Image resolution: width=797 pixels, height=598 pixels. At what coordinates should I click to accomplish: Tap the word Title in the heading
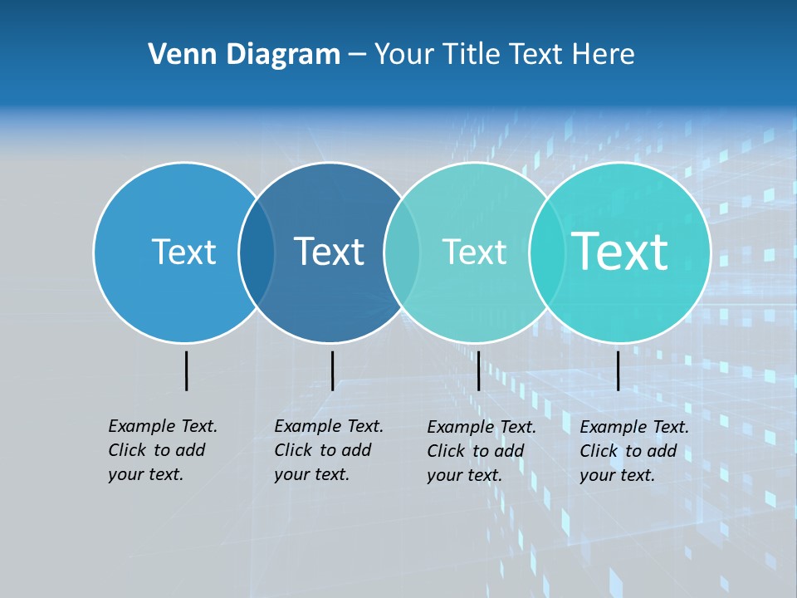pos(471,54)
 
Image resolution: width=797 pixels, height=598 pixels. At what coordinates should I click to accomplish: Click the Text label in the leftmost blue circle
pos(183,252)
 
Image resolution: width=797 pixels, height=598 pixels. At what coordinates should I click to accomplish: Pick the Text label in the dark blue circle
pos(329,252)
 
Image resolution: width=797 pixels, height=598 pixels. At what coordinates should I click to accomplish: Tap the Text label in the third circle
pos(474,252)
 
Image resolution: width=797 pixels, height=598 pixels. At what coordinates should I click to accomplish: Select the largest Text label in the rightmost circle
pos(620,252)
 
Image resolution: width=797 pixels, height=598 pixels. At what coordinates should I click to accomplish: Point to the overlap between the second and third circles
pos(402,252)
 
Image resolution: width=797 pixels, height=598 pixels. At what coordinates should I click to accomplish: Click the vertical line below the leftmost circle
pos(186,370)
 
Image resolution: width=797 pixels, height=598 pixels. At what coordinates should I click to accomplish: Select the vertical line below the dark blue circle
pos(332,370)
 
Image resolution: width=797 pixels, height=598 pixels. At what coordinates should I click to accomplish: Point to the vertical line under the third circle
pos(478,370)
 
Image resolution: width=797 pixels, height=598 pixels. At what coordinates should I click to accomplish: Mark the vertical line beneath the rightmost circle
pos(618,370)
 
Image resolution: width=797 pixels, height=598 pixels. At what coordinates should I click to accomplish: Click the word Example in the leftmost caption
pos(142,426)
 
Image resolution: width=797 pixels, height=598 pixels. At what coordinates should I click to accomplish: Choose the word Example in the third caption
pos(461,427)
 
